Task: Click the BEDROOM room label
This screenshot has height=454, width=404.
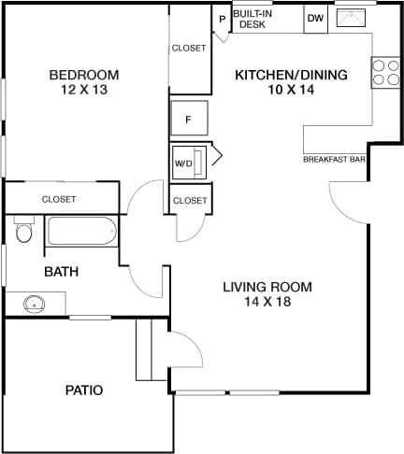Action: (84, 75)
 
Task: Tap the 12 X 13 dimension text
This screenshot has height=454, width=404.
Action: (84, 91)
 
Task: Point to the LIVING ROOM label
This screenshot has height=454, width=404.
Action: (267, 287)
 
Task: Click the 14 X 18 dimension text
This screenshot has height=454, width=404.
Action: (267, 303)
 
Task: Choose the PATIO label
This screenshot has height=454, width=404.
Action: (83, 390)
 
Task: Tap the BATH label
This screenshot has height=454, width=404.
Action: (62, 272)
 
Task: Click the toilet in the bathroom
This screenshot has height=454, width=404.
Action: (23, 229)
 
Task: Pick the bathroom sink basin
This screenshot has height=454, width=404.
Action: (35, 304)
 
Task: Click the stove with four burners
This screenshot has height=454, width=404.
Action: (384, 72)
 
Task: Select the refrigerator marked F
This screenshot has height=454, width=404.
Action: (189, 119)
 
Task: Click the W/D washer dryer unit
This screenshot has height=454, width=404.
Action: (191, 160)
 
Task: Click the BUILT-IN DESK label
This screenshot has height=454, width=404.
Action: (253, 19)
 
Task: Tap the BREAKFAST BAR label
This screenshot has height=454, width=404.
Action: (334, 160)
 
